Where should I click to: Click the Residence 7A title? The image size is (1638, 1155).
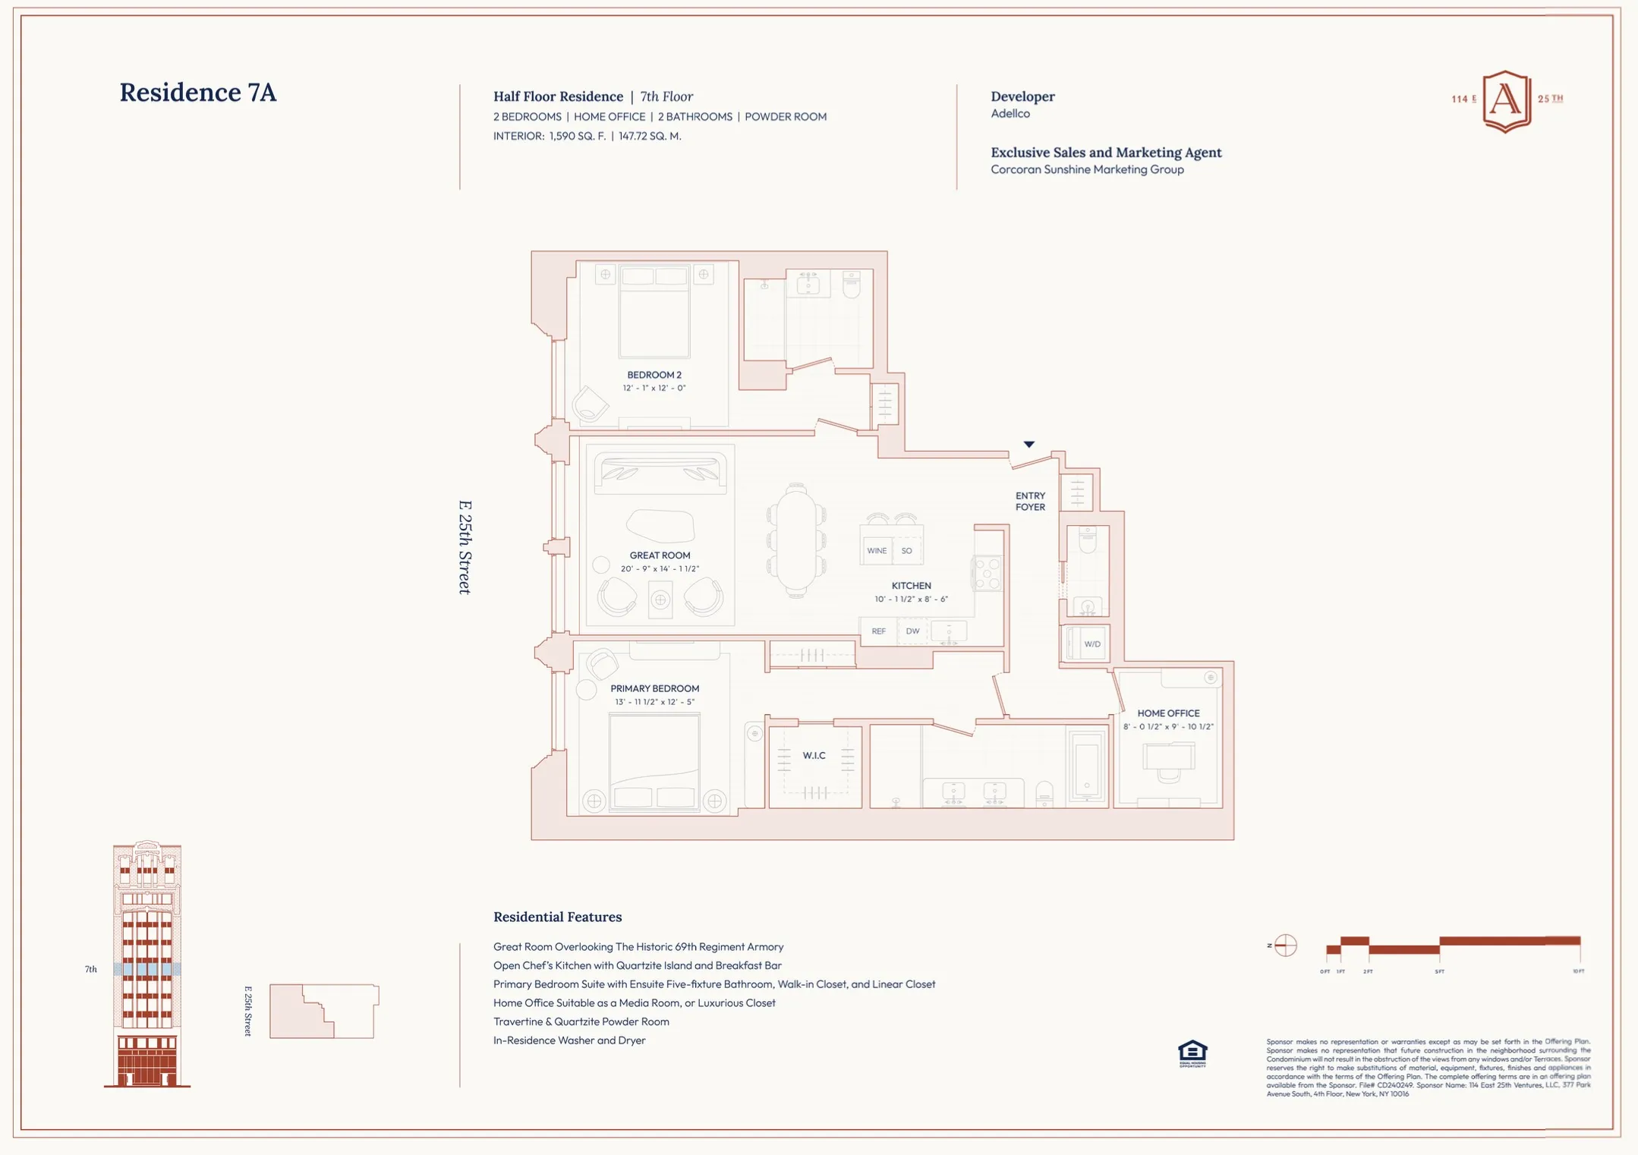pos(197,93)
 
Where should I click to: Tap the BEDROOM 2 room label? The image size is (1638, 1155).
pos(654,375)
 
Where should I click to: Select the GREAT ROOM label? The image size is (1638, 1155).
pos(659,555)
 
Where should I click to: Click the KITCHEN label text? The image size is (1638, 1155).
pos(911,586)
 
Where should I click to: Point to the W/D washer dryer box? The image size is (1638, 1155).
pos(1091,644)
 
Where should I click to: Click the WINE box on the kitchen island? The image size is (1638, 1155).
pos(877,551)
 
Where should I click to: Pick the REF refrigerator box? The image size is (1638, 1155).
pos(878,631)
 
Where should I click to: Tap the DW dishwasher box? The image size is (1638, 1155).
pos(912,631)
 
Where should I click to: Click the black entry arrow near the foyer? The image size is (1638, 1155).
pos(1028,445)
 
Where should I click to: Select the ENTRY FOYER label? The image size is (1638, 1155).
pos(1030,502)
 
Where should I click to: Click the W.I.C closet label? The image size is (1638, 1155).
pos(814,756)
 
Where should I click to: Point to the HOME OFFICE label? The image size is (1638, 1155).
pos(1168,713)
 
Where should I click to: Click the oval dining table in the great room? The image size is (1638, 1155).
pos(795,540)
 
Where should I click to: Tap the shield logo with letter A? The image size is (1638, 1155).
pos(1506,101)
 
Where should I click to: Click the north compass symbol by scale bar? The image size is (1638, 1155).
pos(1285,946)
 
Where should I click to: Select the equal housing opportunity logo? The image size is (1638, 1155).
pos(1192,1053)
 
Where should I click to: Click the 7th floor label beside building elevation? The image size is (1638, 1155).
pos(91,969)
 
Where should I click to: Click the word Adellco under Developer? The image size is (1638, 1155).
pos(1010,114)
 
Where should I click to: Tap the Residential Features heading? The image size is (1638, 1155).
pos(557,917)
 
